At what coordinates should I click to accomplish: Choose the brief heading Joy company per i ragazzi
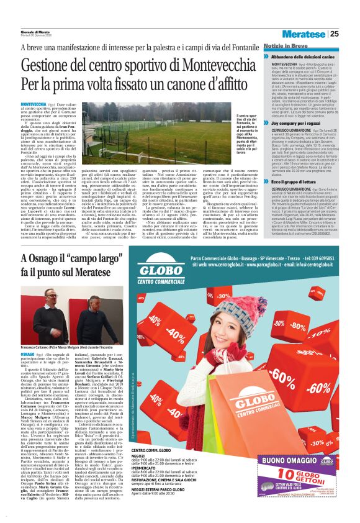point(303,124)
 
